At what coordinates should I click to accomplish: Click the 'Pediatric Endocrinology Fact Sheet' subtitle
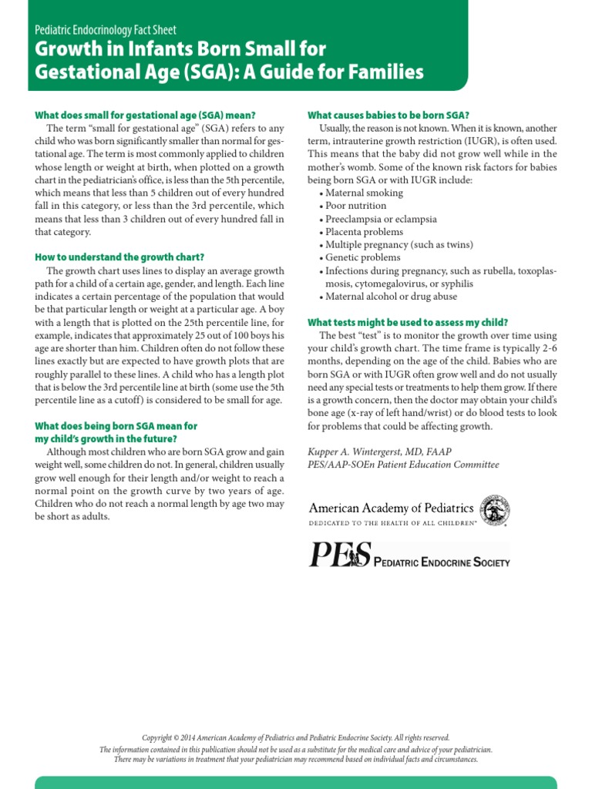click(106, 30)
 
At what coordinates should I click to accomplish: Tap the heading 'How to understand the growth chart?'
click(119, 257)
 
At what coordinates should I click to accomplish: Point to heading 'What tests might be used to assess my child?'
click(408, 322)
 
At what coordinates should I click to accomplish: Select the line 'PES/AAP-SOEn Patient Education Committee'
click(403, 465)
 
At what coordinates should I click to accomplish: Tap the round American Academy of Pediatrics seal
click(494, 511)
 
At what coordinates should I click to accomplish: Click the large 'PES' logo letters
click(340, 555)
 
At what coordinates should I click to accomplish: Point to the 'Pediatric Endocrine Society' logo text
click(442, 562)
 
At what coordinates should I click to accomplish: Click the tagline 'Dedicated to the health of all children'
click(393, 522)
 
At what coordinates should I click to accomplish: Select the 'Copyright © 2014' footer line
click(296, 737)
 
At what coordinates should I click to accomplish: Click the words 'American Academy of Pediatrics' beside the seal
click(391, 507)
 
